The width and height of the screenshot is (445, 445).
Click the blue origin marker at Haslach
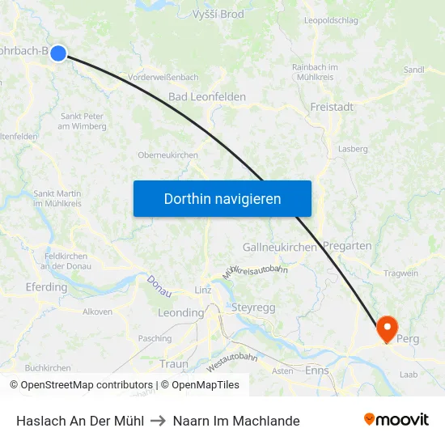click(x=58, y=53)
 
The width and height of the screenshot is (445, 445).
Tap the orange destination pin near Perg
click(x=388, y=328)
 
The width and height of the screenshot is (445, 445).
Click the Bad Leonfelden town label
click(x=207, y=97)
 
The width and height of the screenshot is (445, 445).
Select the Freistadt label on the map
click(x=333, y=107)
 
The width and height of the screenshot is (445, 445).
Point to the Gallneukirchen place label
click(x=280, y=247)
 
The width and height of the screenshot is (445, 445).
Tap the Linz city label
click(x=203, y=290)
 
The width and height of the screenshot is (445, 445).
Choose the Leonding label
click(x=180, y=313)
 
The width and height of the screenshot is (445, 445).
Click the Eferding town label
click(x=47, y=287)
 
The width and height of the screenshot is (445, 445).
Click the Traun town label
click(x=173, y=364)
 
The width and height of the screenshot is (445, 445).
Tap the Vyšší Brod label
click(x=218, y=15)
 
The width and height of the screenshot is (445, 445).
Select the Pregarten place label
click(x=347, y=246)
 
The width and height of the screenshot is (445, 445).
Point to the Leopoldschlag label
click(x=332, y=19)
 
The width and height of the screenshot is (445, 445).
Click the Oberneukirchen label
click(x=168, y=155)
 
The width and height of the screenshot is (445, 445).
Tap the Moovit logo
click(x=396, y=420)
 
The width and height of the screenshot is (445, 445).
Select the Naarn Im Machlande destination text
click(x=236, y=421)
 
